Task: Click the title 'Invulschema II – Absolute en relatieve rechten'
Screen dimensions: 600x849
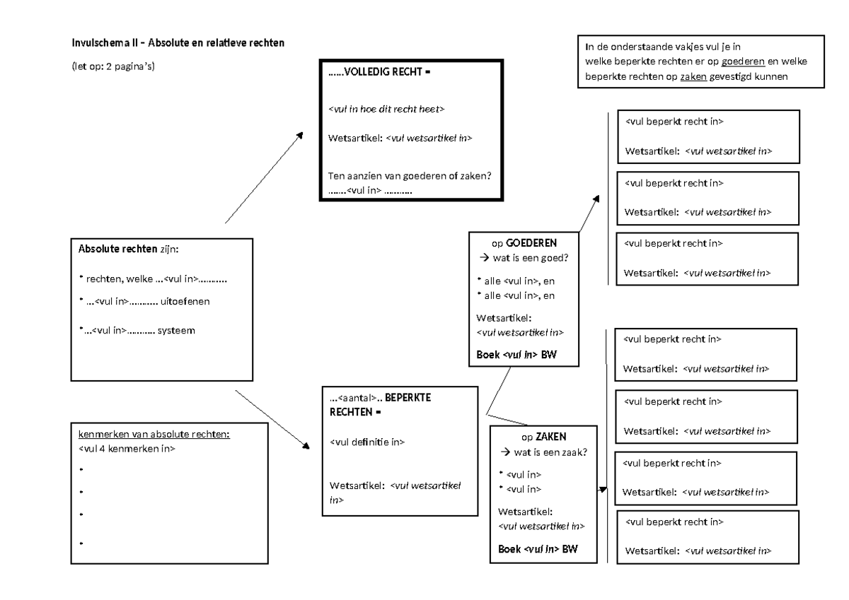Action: (x=178, y=44)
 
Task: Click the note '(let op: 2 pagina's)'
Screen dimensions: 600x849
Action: (x=113, y=67)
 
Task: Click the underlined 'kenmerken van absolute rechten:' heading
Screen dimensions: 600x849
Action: (x=154, y=435)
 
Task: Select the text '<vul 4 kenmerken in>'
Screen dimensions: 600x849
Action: (x=127, y=449)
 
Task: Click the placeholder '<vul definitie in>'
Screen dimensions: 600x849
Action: (x=367, y=442)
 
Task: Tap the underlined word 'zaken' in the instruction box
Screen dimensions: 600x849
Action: (x=693, y=76)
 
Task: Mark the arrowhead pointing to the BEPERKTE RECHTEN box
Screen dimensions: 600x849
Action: (x=307, y=447)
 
